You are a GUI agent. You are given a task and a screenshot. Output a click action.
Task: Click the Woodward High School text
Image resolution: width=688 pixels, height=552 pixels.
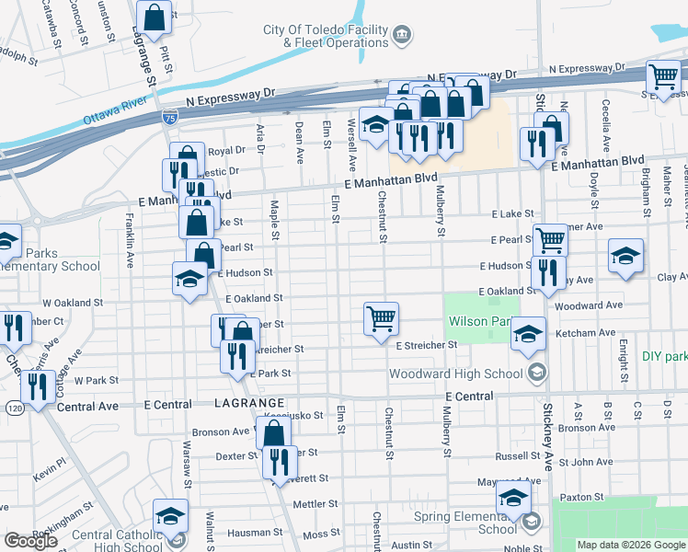pos(457,374)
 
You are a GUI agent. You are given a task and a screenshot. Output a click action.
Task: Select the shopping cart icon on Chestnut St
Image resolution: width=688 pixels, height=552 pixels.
pos(381,319)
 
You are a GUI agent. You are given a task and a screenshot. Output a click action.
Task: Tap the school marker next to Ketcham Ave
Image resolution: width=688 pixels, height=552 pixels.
pos(529,334)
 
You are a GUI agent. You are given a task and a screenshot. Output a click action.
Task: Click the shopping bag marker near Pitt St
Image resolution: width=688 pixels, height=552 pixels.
pos(155,16)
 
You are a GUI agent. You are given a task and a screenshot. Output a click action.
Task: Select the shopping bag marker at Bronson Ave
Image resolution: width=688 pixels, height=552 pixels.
pos(273,433)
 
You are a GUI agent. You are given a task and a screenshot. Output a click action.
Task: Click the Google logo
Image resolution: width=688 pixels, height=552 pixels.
pos(30,541)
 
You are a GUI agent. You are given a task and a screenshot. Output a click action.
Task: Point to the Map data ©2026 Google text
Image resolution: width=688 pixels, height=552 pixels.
pos(631,545)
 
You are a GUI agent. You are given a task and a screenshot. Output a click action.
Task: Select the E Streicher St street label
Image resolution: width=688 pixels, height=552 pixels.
pos(426,345)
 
